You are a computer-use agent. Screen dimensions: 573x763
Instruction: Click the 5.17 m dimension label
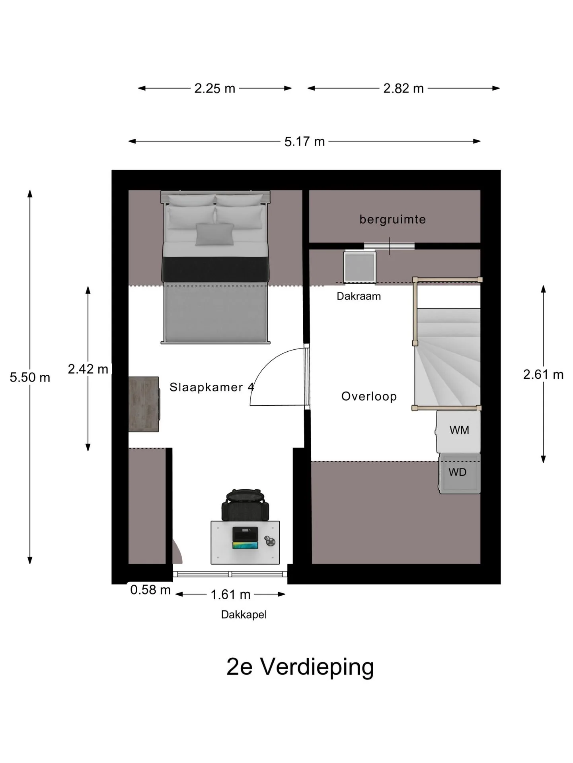pyautogui.click(x=304, y=141)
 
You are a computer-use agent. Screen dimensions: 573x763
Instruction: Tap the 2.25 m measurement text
pyautogui.click(x=215, y=88)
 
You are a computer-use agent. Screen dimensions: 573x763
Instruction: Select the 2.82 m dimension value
pyautogui.click(x=403, y=88)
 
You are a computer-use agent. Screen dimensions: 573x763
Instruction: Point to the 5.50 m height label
pyautogui.click(x=30, y=377)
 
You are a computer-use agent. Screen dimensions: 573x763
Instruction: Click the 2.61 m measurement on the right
pyautogui.click(x=543, y=374)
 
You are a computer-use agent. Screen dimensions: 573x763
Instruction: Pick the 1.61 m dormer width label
pyautogui.click(x=230, y=595)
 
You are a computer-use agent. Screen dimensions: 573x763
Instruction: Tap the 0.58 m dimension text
pyautogui.click(x=150, y=590)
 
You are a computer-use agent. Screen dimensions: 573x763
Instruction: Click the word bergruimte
pyautogui.click(x=392, y=219)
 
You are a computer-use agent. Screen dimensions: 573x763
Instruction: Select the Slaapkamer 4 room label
pyautogui.click(x=212, y=387)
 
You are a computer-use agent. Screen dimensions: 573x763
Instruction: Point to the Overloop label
pyautogui.click(x=369, y=396)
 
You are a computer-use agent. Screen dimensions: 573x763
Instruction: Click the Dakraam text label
pyautogui.click(x=359, y=296)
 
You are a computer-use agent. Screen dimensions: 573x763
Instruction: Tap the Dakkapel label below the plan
pyautogui.click(x=244, y=615)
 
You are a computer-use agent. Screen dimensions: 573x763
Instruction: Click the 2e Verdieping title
pyautogui.click(x=300, y=666)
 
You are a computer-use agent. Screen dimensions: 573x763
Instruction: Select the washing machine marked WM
pyautogui.click(x=458, y=431)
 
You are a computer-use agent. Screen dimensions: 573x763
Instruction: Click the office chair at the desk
pyautogui.click(x=245, y=505)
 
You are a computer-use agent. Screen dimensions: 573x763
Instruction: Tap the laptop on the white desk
pyautogui.click(x=245, y=538)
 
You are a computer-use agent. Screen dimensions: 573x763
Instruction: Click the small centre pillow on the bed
pyautogui.click(x=214, y=234)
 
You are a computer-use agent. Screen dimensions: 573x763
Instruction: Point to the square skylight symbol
pyautogui.click(x=360, y=267)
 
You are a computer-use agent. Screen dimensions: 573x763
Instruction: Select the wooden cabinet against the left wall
pyautogui.click(x=144, y=404)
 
